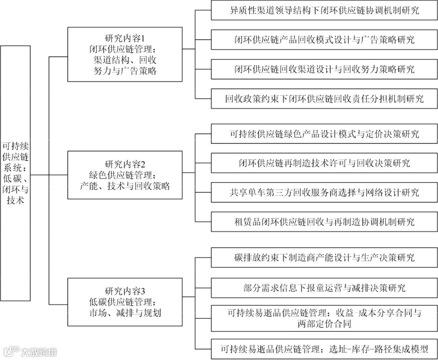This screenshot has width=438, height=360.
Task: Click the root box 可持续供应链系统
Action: click(15, 173)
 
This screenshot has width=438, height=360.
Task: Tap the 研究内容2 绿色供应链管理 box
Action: click(125, 175)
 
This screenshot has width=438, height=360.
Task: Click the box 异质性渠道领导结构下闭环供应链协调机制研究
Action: click(324, 10)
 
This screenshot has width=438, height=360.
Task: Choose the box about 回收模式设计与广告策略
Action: click(324, 39)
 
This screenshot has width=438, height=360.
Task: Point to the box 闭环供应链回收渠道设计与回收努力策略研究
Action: click(324, 69)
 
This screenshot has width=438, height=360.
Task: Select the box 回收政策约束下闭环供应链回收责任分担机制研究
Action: click(324, 98)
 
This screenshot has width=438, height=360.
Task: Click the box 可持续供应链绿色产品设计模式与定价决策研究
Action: click(324, 134)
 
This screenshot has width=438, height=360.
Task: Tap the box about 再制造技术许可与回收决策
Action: click(324, 163)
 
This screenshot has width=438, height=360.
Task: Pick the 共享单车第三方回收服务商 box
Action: click(324, 192)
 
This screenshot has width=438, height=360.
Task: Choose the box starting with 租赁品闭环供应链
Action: click(324, 221)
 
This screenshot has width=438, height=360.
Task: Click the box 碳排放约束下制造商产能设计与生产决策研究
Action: click(324, 257)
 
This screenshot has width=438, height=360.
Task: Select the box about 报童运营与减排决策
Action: click(324, 288)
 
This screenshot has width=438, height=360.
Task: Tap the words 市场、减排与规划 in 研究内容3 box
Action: click(125, 313)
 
